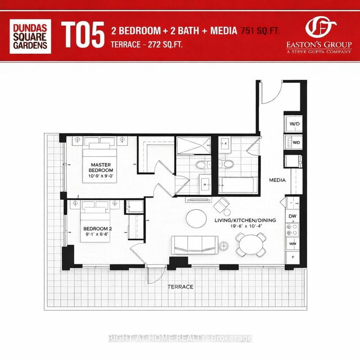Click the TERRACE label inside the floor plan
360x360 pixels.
[x=180, y=287]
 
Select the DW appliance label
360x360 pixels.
[x=292, y=217]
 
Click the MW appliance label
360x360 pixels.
[x=292, y=243]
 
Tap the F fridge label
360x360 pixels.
[x=292, y=257]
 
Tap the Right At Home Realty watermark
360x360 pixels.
[x=180, y=338]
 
